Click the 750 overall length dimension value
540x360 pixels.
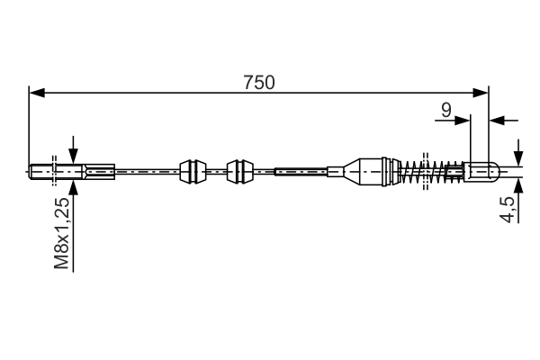point(258,82)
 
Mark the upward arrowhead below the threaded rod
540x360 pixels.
point(73,184)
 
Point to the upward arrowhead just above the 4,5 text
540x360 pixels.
point(518,182)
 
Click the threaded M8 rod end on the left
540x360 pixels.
point(43,170)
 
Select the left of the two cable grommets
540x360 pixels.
point(192,170)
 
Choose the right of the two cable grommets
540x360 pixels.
point(239,170)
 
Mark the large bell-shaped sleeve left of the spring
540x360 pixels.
point(369,170)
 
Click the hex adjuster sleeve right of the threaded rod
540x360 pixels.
point(99,170)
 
